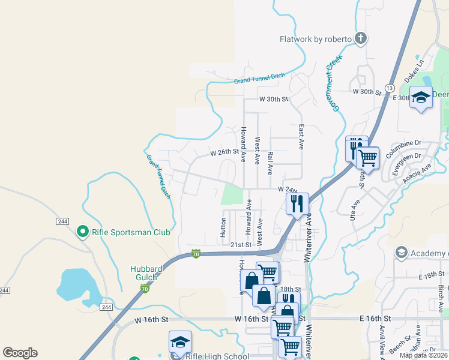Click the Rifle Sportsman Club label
[x=131, y=232]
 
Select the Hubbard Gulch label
[x=144, y=273]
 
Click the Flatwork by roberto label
[x=315, y=39]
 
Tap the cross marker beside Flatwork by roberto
[x=360, y=40]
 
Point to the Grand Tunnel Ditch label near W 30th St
[x=259, y=78]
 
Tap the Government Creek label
[x=333, y=81]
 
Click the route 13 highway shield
[x=389, y=88]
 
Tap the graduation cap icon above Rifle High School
[x=180, y=342]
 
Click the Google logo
[x=20, y=353]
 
